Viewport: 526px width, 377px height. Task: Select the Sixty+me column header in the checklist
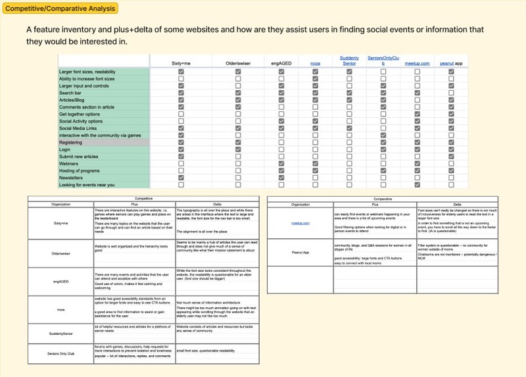(x=181, y=63)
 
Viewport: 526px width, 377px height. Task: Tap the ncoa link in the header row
(x=315, y=63)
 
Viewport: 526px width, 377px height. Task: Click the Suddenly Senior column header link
(x=349, y=61)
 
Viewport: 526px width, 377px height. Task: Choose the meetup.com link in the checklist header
(x=417, y=63)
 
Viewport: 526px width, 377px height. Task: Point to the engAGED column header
(x=281, y=63)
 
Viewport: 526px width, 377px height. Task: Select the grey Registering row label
(x=71, y=143)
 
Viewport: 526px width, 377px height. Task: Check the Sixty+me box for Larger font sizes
(x=181, y=71)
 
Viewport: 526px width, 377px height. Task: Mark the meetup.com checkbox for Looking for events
(x=417, y=186)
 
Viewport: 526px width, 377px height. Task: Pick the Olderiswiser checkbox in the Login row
(x=238, y=149)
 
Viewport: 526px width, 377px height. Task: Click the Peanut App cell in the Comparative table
(x=300, y=252)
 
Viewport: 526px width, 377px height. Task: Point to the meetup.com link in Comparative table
(x=300, y=223)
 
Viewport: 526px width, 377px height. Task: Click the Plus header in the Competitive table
(x=134, y=204)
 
